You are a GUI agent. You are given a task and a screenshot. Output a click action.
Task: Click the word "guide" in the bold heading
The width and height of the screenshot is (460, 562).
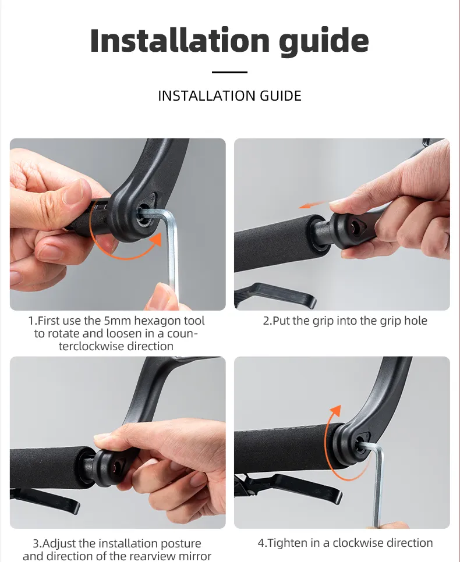tap(324, 41)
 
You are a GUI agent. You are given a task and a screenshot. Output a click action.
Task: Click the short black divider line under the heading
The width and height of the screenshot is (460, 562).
tap(229, 72)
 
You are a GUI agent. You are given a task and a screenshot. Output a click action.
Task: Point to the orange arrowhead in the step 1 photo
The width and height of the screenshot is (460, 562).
tap(157, 240)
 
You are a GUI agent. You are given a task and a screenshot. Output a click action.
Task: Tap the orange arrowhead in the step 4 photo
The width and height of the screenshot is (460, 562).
tap(336, 411)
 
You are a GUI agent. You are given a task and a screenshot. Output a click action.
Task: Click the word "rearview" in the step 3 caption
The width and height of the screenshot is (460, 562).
tap(156, 556)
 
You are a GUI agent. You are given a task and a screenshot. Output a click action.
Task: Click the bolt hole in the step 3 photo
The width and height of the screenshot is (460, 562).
tap(115, 467)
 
